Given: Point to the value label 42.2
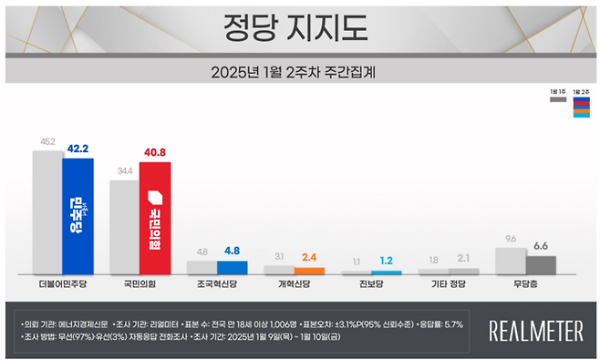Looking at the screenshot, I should coord(78,149).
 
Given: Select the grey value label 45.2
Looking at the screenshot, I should coord(47,142).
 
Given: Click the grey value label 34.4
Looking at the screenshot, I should coord(124,171).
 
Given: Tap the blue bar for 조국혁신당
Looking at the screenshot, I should coord(233,268).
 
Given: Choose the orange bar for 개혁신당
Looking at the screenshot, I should coord(310,271).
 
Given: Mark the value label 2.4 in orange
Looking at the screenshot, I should coord(310,258).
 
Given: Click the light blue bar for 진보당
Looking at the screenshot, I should coord(387,273).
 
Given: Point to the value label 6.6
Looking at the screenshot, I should coord(542,246).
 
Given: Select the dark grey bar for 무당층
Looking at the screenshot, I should coord(542,265).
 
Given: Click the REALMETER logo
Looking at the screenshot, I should coord(536,331).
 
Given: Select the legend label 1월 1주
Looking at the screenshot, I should coord(557,92).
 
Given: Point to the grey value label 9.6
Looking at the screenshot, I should coord(511,239).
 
